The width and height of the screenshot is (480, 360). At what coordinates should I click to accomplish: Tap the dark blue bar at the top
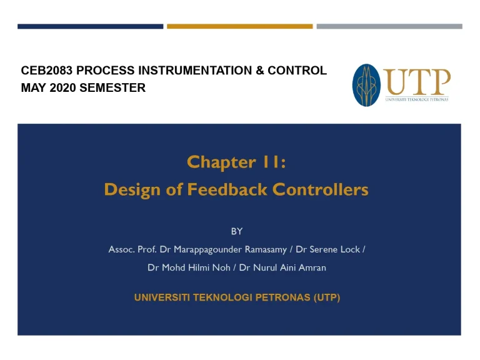pos(91,26)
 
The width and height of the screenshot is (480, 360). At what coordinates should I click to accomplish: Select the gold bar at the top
pos(239,26)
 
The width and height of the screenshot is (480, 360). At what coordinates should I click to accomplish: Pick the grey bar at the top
pos(389,26)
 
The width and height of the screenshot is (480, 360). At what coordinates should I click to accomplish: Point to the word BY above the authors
pos(237,231)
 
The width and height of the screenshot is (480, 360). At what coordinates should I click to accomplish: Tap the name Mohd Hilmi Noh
pos(191,267)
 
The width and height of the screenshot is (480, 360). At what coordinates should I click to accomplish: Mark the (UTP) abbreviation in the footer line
pos(326,298)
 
